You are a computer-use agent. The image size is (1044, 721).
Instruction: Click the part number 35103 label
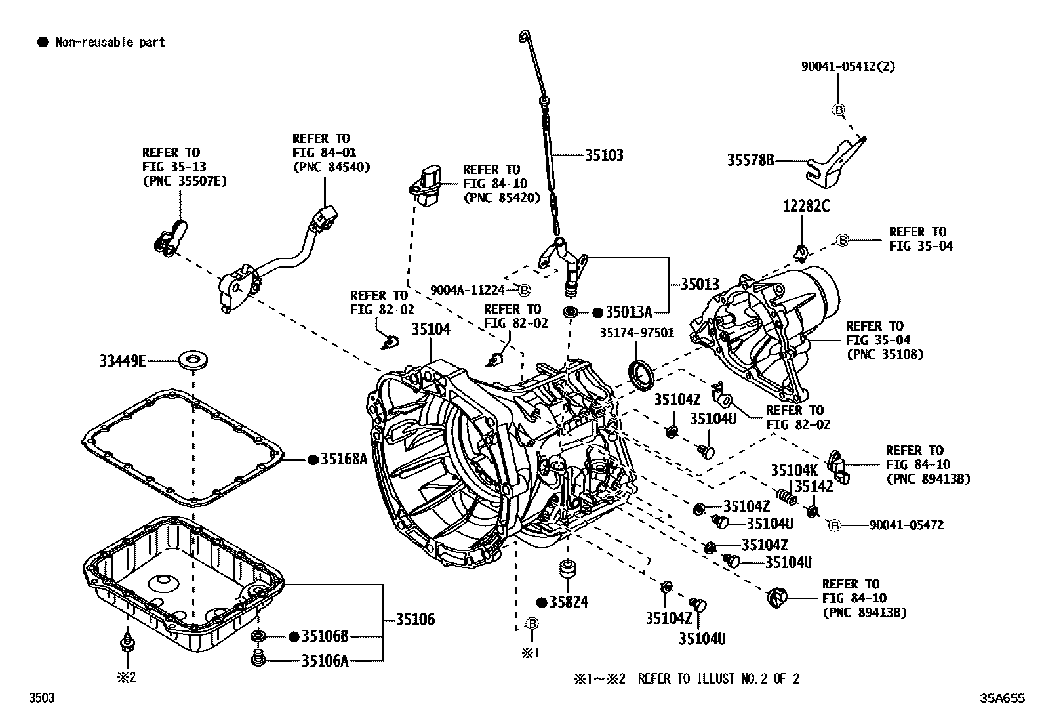point(604,155)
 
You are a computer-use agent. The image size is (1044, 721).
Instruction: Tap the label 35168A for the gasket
point(344,459)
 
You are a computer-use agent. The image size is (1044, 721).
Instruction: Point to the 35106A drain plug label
point(325,660)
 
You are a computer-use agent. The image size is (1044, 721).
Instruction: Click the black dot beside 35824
point(542,602)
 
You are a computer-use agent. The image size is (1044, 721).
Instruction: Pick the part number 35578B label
point(750,159)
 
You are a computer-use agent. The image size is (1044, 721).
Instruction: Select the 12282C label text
point(805,207)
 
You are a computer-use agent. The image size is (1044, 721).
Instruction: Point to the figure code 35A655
point(1002,699)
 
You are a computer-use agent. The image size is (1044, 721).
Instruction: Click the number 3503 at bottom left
point(41,698)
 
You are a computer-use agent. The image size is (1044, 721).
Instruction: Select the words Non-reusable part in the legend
point(110,43)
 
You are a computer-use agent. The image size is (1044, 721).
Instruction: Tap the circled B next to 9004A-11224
point(524,290)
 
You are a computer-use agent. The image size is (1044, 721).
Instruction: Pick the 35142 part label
point(814,487)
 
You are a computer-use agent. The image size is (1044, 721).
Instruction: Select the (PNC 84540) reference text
point(331,167)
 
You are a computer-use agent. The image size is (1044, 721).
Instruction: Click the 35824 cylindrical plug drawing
point(567,569)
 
